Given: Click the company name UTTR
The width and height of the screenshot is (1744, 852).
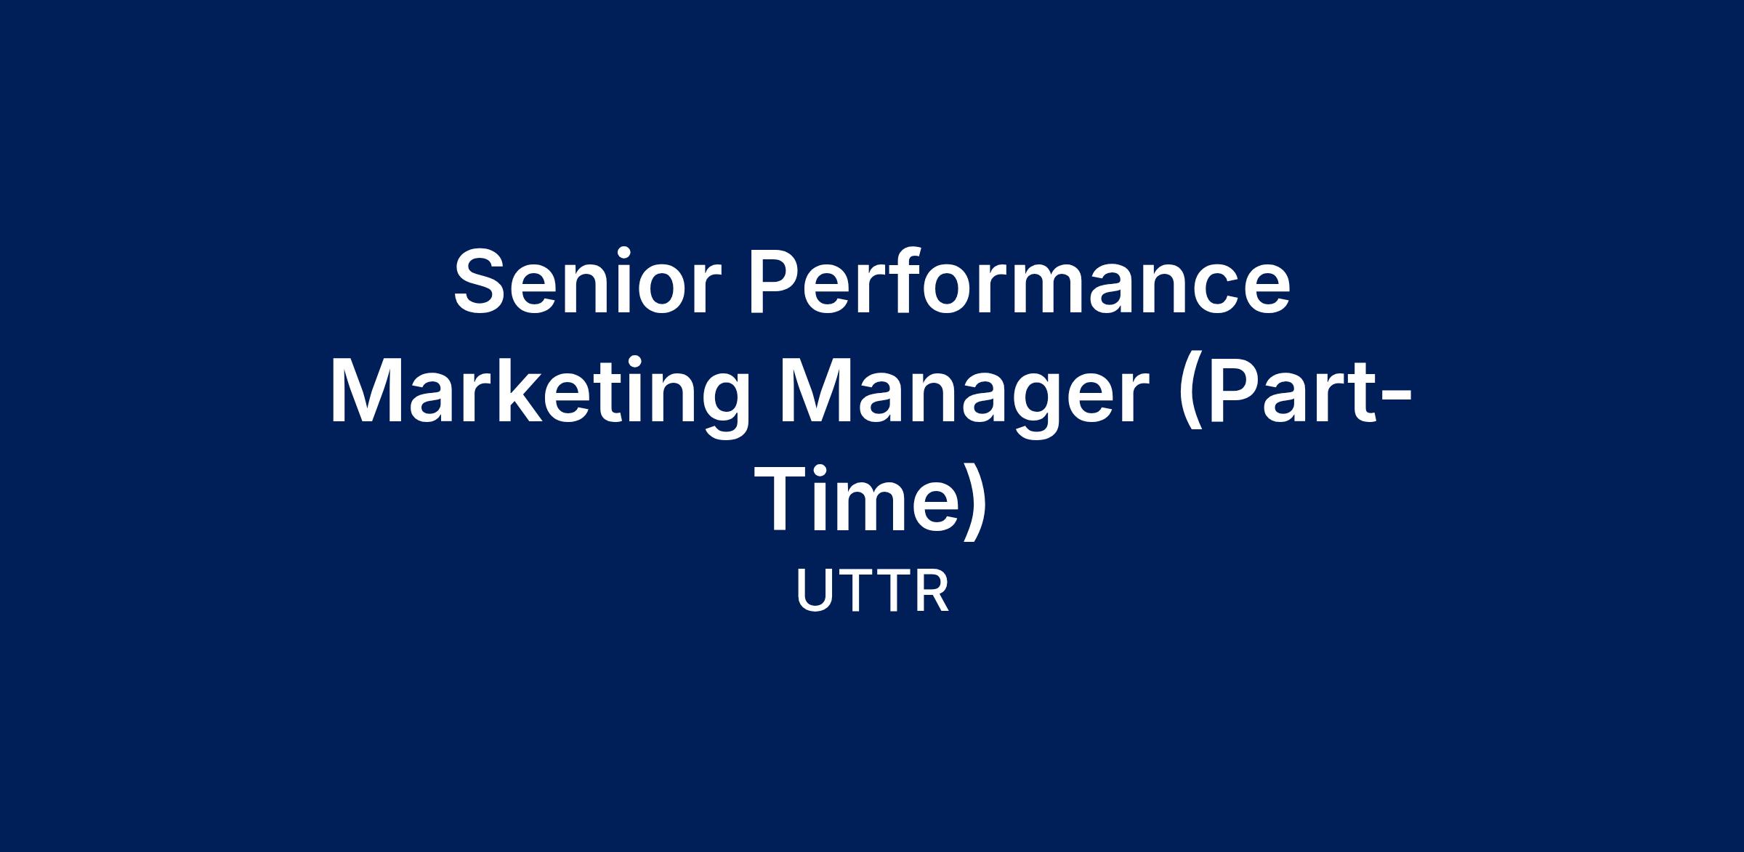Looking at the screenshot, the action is (873, 591).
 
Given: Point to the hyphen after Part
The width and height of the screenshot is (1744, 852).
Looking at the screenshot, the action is (1394, 397).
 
